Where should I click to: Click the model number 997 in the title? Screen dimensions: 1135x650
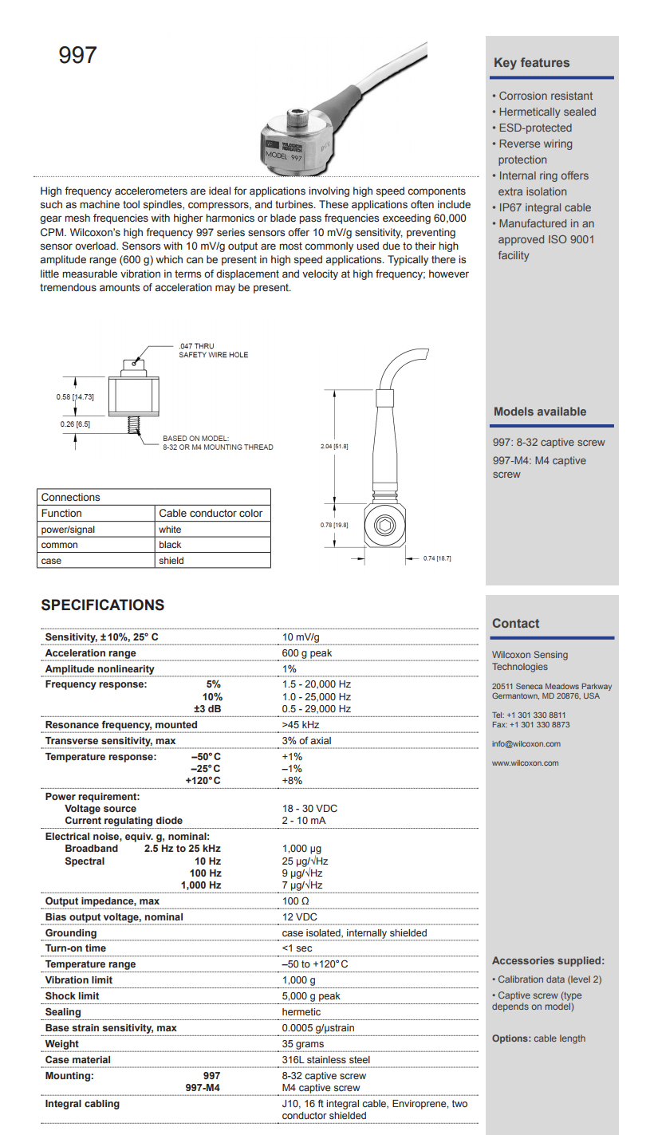77,55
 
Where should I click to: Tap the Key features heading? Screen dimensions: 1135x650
531,63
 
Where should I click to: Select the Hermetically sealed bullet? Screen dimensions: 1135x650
547,112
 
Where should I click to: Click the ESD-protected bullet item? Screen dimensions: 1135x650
535,128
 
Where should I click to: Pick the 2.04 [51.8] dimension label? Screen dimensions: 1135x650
334,446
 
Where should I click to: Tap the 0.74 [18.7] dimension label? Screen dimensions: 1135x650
437,558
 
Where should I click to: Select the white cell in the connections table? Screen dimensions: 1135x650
170,529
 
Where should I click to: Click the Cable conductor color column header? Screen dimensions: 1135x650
211,513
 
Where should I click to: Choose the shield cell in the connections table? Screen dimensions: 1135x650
171,561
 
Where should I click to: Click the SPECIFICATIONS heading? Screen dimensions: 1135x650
103,605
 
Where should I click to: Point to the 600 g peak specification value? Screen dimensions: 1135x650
307,653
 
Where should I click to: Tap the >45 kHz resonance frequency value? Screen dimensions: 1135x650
301,725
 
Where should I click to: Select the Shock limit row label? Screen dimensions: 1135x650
73,996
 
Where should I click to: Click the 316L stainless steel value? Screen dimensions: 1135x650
325,1060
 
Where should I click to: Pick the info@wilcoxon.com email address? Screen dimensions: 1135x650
526,744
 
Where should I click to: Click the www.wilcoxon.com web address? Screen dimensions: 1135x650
526,763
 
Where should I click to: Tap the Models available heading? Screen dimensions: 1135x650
540,412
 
